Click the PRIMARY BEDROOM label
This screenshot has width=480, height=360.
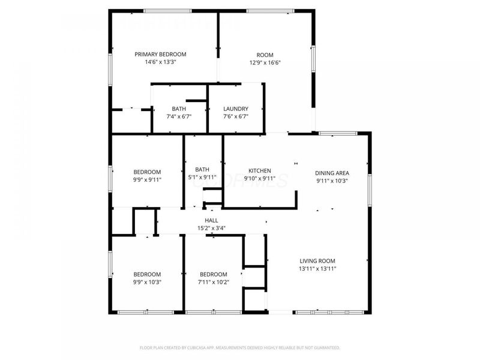pos(160,54)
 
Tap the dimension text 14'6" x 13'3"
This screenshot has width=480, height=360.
pos(160,62)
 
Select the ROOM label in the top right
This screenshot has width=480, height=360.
pos(265,55)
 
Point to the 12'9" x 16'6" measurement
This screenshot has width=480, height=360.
pos(265,62)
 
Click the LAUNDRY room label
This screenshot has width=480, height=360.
pos(236,109)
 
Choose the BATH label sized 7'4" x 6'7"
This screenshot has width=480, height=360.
pos(179,109)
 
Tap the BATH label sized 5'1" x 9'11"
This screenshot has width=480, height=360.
pos(202,169)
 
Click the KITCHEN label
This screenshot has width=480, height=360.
pos(260,171)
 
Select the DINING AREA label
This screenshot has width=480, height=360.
pos(332,173)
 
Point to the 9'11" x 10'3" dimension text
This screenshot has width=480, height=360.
pos(332,181)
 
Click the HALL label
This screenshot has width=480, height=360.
pos(211,220)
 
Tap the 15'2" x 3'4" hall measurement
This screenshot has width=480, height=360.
pos(211,228)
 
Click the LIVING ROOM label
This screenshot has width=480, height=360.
pos(317,261)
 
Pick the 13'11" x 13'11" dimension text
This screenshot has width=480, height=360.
pos(317,269)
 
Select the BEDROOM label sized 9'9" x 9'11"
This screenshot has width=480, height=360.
pos(147,171)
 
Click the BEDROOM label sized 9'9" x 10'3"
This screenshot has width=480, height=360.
pos(147,274)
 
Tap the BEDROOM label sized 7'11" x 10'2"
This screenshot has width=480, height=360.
pos(214,274)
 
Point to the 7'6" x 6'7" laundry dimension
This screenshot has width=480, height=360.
pos(236,116)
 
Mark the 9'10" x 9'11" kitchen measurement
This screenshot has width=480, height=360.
pos(260,179)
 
